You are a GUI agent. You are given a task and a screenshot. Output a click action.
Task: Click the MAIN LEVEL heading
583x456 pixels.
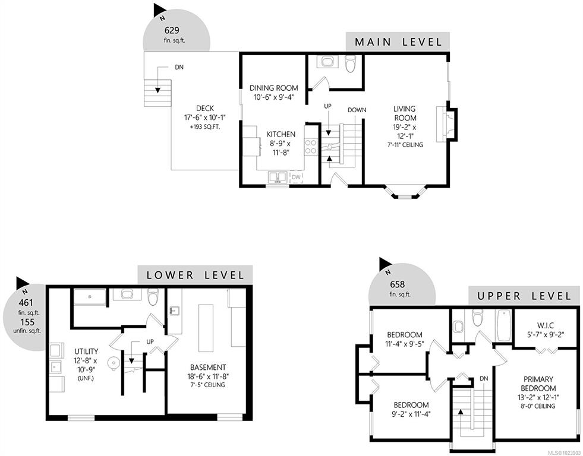pyautogui.click(x=398, y=42)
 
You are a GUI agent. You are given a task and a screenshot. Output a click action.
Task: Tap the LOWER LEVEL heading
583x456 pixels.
pyautogui.click(x=196, y=275)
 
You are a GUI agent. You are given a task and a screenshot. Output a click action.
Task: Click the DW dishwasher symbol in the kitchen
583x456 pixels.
pyautogui.click(x=296, y=177)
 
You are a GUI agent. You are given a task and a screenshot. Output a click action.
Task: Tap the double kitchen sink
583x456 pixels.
pyautogui.click(x=276, y=178)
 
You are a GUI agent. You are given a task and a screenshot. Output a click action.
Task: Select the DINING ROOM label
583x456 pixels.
pyautogui.click(x=273, y=88)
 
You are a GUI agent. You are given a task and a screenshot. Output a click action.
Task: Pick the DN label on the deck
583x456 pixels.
pyautogui.click(x=179, y=68)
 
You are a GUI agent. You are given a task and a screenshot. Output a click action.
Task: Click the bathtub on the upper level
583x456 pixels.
pyautogui.click(x=504, y=325)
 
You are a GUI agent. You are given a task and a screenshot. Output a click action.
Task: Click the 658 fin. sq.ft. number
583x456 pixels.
pyautogui.click(x=397, y=284)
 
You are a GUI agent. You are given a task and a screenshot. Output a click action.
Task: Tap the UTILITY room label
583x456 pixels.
pyautogui.click(x=86, y=351)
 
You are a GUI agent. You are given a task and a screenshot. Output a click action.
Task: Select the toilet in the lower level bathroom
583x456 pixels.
pyautogui.click(x=153, y=296)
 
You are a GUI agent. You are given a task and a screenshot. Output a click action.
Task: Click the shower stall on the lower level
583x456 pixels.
pyautogui.click(x=90, y=297)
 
